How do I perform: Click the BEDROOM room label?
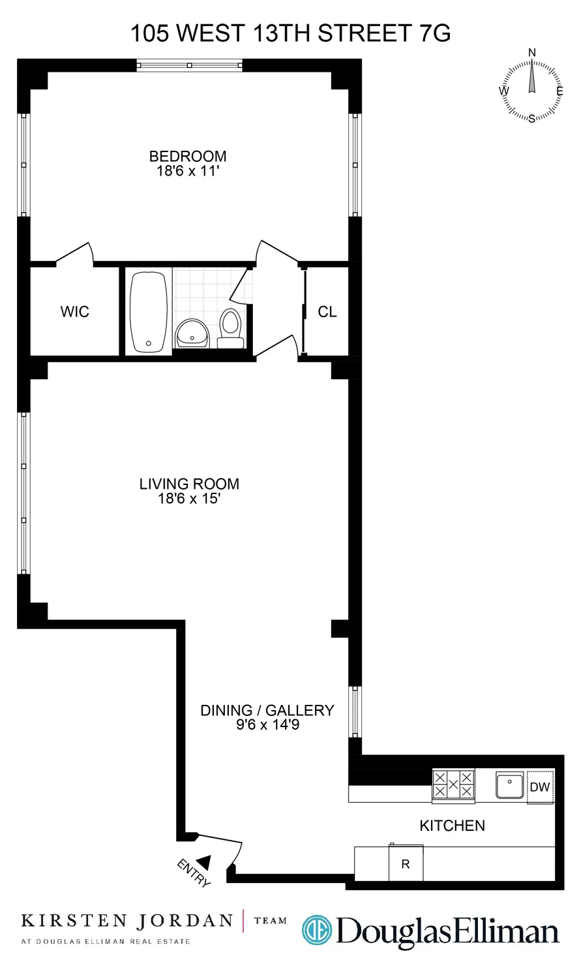click(x=188, y=156)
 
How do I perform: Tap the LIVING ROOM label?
click(x=189, y=484)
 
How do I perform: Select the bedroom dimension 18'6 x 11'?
click(x=188, y=171)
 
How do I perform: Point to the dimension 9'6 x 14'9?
click(x=267, y=725)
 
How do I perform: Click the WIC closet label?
click(x=74, y=311)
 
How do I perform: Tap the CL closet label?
click(x=327, y=312)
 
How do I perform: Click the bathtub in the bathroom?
click(x=149, y=311)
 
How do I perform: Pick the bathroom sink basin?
click(x=192, y=333)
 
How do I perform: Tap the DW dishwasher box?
click(x=540, y=787)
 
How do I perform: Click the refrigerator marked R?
click(x=406, y=863)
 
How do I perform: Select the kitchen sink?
click(x=510, y=785)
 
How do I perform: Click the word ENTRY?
click(x=194, y=873)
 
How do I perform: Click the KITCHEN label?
click(x=452, y=826)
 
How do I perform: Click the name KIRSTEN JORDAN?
click(x=127, y=921)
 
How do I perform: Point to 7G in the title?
click(x=432, y=33)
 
